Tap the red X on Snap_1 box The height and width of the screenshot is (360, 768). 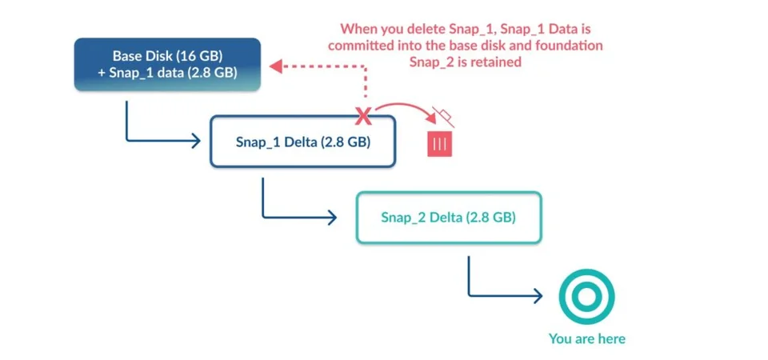point(363,116)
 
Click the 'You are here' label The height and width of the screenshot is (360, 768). point(586,338)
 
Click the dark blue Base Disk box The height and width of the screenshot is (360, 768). point(167,64)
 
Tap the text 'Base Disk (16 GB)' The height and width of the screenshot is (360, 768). point(167,55)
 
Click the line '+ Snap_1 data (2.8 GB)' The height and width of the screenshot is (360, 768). point(167,73)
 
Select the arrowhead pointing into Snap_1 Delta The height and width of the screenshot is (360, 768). point(196,141)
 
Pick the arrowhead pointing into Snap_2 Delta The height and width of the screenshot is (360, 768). point(332,218)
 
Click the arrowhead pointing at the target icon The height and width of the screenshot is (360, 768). point(538,296)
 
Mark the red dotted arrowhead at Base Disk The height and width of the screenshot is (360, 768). point(275,66)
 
